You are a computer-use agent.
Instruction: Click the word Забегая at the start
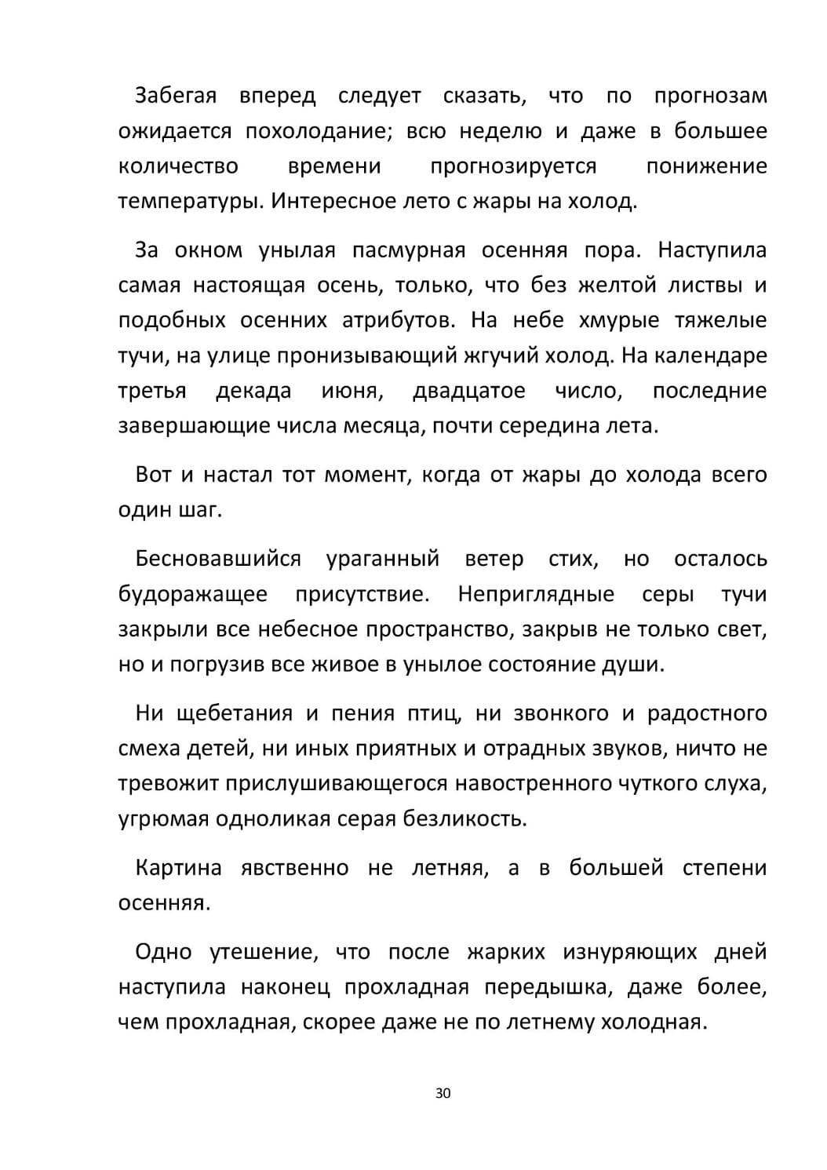tap(176, 96)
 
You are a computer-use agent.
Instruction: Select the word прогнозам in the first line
tap(710, 96)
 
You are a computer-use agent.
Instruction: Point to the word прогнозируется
tap(513, 166)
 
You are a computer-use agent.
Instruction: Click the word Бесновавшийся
tap(218, 559)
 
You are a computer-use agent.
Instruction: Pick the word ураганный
tap(382, 559)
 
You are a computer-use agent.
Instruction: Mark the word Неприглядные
tap(536, 594)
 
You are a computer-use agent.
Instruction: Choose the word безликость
tap(465, 819)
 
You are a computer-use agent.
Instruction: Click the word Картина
tap(178, 868)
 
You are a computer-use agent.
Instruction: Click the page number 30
tap(443, 1093)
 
